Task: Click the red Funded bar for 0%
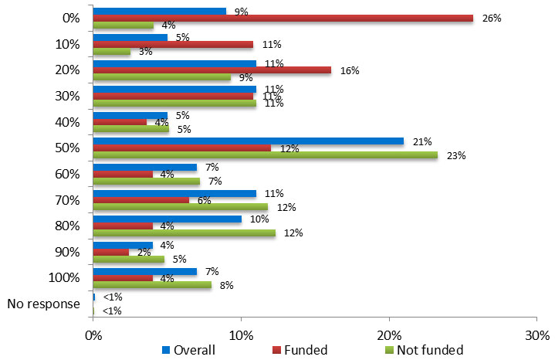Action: (283, 18)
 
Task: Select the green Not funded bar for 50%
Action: (265, 155)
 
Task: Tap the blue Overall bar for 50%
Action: (248, 141)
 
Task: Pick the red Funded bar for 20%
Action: (212, 70)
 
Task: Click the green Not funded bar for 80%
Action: (184, 233)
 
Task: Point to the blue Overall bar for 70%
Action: (174, 193)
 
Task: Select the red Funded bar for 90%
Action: (110, 252)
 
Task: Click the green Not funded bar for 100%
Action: (152, 284)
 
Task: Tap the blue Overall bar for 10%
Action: (130, 37)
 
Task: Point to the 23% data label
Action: (456, 155)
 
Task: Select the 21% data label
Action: (422, 141)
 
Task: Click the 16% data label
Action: (350, 70)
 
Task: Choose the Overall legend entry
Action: (188, 350)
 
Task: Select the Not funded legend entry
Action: (424, 350)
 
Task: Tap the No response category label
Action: (43, 304)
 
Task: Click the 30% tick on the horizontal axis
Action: (537, 335)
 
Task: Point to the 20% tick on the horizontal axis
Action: (389, 335)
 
